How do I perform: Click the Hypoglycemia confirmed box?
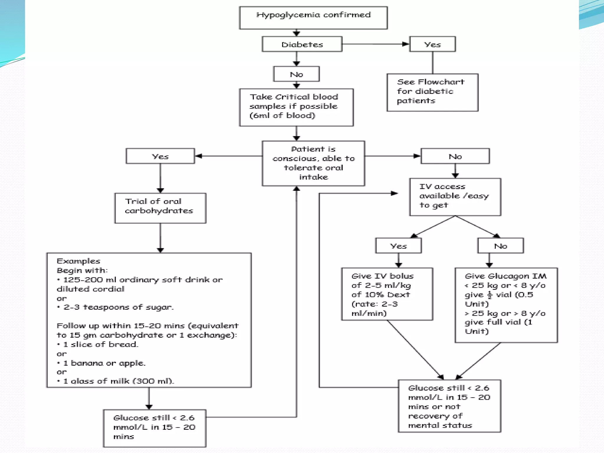[313, 18]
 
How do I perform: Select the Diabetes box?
[302, 44]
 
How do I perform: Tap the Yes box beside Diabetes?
[432, 44]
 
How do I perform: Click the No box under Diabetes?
[296, 74]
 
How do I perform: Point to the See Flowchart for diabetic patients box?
[432, 92]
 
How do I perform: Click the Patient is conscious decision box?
[313, 163]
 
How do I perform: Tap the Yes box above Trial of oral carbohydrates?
[160, 156]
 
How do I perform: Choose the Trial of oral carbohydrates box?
[160, 208]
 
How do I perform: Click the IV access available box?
[455, 197]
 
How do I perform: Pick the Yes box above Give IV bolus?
[398, 246]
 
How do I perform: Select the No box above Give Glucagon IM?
[500, 246]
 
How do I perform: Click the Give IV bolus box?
[387, 294]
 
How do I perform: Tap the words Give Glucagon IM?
[505, 276]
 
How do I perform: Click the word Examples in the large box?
[78, 261]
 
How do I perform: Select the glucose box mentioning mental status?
[449, 406]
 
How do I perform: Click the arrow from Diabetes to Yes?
[375, 44]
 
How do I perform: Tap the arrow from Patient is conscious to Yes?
[229, 156]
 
